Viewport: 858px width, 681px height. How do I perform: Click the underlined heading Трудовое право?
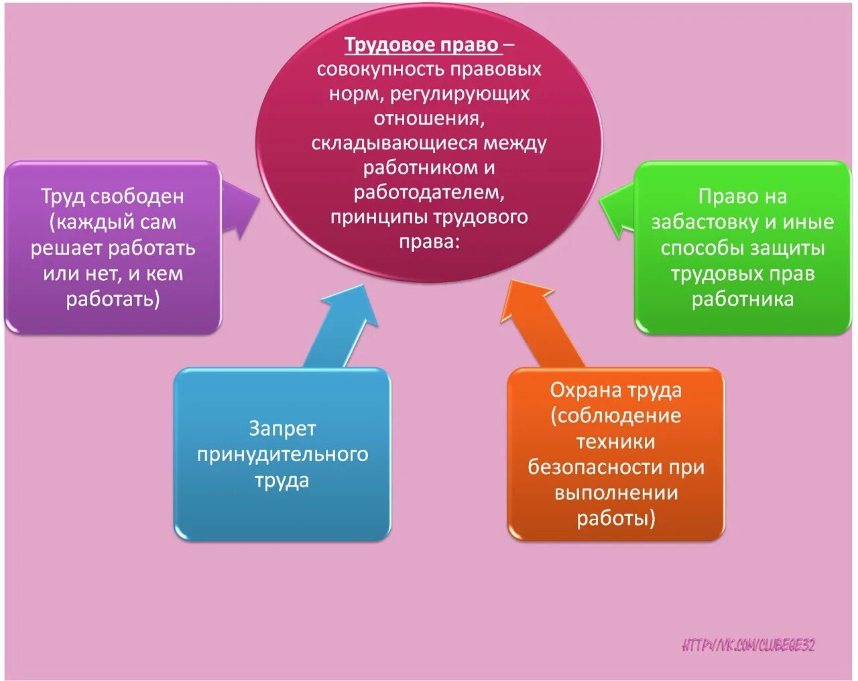[422, 45]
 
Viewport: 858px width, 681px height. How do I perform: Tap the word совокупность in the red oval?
[380, 70]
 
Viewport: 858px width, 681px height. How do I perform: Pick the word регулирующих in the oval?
[460, 94]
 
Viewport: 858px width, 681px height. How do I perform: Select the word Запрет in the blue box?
[282, 428]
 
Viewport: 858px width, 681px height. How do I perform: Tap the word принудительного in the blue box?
[282, 454]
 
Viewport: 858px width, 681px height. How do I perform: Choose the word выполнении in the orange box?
[616, 493]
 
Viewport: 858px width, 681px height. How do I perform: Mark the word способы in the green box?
[700, 248]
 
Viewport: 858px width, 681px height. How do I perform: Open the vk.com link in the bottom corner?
[748, 645]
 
